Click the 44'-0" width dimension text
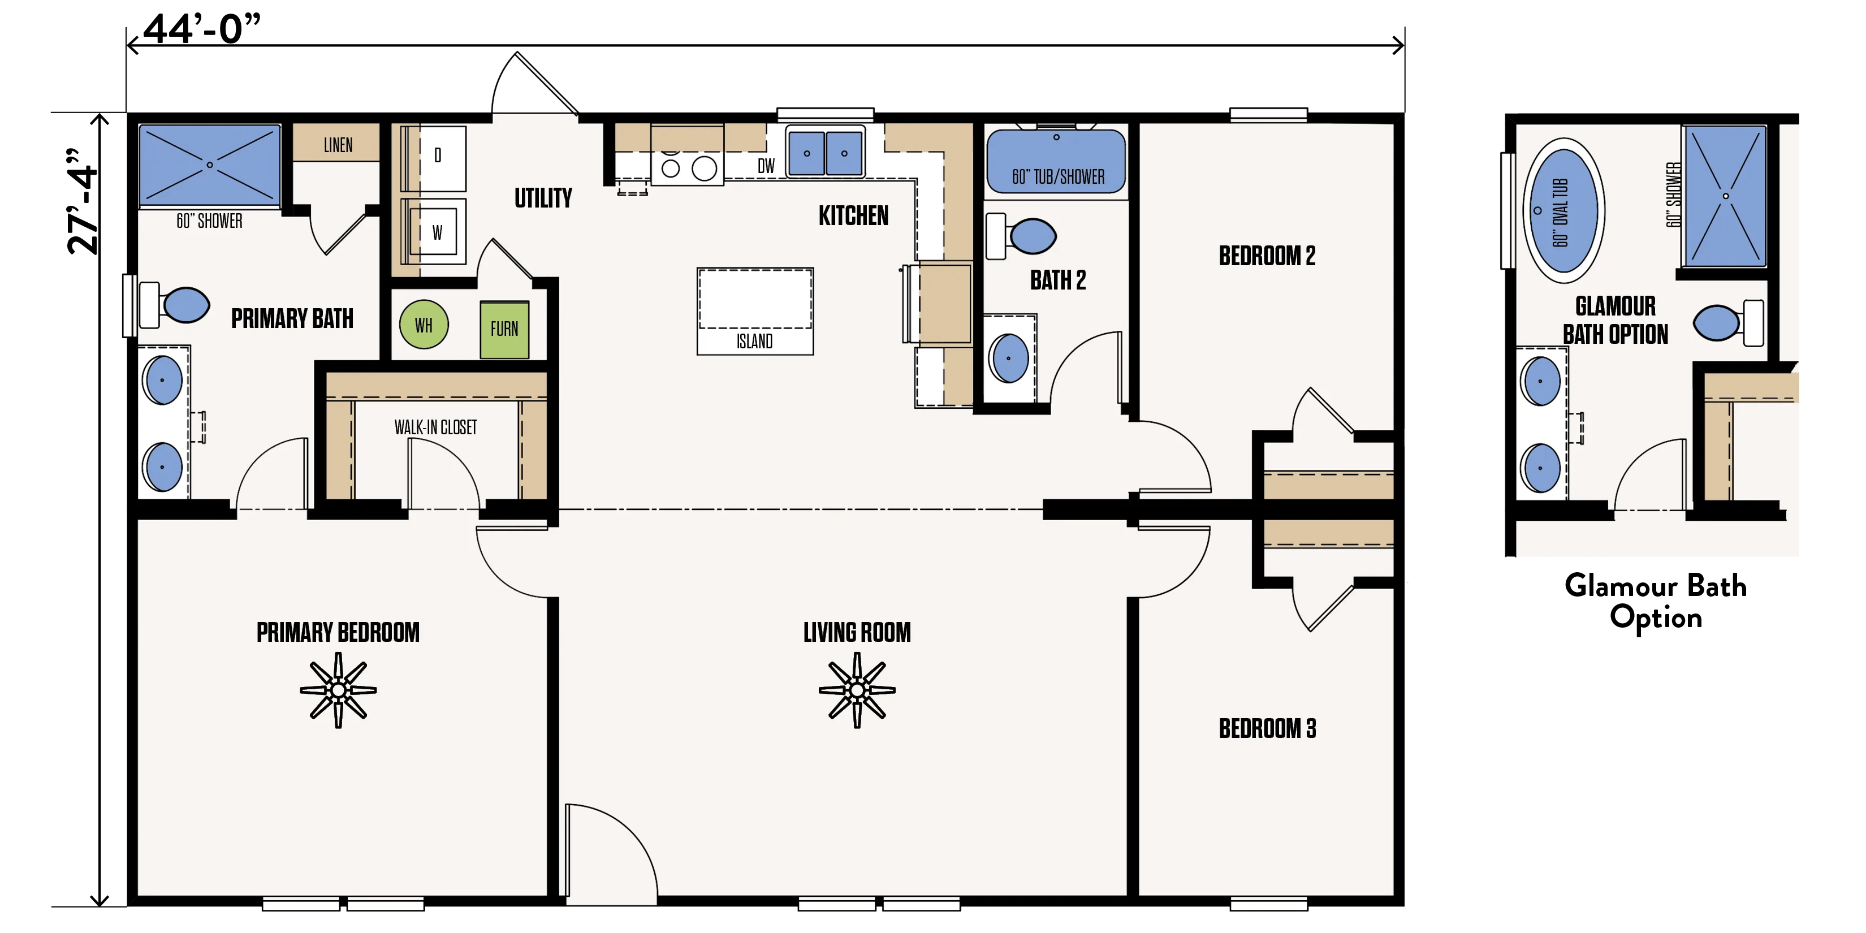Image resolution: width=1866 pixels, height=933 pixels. [201, 29]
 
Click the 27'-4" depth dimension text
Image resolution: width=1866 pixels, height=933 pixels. [82, 201]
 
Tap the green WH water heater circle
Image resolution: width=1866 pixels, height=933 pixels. [424, 325]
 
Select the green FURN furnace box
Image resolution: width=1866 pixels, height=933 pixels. [504, 330]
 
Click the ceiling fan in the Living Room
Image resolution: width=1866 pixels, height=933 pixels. [857, 690]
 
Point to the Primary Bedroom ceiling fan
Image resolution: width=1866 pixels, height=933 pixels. [338, 690]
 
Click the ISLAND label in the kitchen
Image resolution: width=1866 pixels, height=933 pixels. [755, 341]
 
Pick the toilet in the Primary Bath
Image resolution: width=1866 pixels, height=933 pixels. [175, 305]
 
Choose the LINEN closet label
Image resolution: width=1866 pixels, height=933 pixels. [338, 145]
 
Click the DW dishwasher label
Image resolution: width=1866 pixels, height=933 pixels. [766, 166]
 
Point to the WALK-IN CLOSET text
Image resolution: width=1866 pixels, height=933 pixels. [435, 427]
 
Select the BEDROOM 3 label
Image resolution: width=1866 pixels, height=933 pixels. [1267, 729]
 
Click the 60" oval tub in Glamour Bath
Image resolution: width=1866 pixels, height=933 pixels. [1564, 211]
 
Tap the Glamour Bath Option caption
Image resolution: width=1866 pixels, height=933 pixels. [1656, 601]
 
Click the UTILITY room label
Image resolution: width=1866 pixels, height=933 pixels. [543, 198]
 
